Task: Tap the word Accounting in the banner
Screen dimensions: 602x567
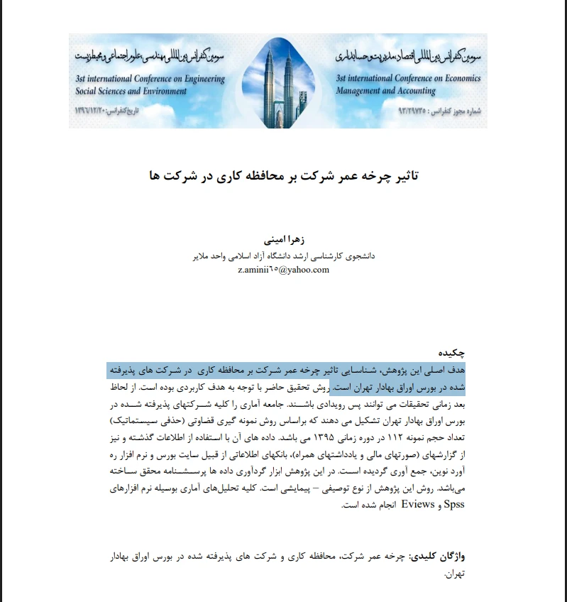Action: point(412,92)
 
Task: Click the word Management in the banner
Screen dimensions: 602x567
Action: point(358,92)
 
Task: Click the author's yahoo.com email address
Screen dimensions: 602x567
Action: point(284,270)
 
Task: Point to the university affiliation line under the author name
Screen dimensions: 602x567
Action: point(284,256)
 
